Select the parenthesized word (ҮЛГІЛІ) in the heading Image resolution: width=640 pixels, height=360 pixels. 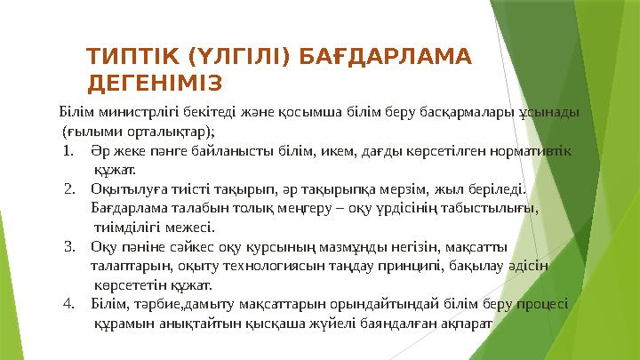[236, 59]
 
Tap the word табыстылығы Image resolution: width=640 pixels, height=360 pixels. [493, 207]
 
